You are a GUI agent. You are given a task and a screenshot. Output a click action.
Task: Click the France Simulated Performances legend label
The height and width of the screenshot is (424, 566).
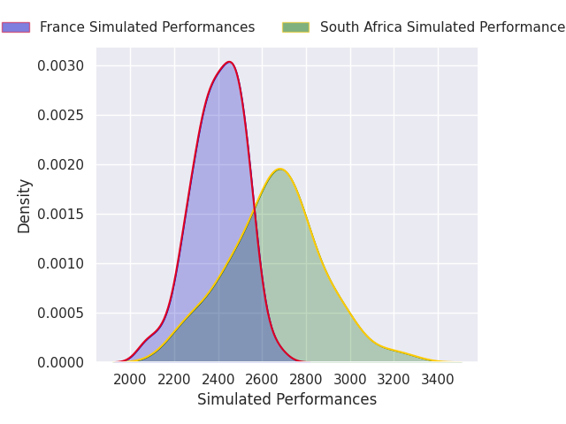147,27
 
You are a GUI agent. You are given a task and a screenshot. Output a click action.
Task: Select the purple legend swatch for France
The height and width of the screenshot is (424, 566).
16,27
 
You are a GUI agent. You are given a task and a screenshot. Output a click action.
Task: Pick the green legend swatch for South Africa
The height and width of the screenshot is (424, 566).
295,27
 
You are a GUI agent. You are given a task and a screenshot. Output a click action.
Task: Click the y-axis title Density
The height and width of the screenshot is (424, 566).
25,206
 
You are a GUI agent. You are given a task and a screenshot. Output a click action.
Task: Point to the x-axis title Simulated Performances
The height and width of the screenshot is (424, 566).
287,399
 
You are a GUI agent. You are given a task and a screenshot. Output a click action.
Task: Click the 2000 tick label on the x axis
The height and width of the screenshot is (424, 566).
130,379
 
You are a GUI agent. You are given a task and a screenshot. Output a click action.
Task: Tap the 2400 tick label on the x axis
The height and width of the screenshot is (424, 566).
218,379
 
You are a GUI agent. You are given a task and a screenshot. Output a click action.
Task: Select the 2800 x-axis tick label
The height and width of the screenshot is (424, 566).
306,379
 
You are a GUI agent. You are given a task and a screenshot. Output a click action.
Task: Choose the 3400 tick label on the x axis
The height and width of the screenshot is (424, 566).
438,379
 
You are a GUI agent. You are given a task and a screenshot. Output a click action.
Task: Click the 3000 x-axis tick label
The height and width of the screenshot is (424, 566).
350,379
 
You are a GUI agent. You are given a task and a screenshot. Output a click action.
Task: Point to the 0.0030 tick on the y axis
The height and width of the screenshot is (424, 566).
61,66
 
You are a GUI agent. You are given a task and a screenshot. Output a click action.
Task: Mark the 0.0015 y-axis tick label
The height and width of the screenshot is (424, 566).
61,215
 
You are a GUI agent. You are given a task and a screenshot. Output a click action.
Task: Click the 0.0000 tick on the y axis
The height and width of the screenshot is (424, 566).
61,362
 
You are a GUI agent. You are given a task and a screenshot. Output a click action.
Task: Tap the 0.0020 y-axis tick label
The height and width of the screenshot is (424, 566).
61,165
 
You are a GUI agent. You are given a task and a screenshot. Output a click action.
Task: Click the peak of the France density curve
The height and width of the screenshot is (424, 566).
229,62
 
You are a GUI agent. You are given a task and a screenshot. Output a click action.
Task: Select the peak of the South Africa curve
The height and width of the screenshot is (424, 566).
279,169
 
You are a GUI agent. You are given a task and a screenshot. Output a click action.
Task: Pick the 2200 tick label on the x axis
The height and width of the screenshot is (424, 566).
174,379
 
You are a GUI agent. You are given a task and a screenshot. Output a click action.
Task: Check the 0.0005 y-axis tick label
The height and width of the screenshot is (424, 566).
61,313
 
